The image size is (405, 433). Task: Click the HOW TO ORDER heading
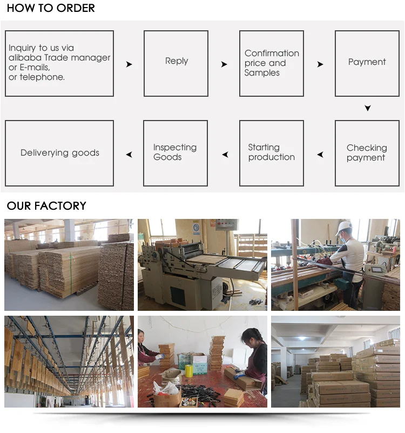(x=51, y=8)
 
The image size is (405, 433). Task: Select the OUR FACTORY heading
(x=46, y=206)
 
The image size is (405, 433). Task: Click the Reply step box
(x=176, y=63)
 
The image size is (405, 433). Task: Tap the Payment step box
(x=367, y=63)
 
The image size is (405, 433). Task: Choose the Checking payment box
(x=367, y=153)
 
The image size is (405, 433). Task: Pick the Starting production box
(x=272, y=153)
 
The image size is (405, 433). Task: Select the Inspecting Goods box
(x=175, y=153)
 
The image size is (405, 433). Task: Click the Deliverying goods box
(x=59, y=153)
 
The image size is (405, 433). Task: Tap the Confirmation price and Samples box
(x=272, y=63)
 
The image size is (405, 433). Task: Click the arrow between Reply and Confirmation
(x=224, y=64)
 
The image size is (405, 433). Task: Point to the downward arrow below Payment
(x=368, y=108)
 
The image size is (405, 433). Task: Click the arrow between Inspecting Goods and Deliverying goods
(x=129, y=155)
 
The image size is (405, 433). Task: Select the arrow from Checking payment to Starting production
(x=320, y=155)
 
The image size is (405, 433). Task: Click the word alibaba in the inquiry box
(x=25, y=58)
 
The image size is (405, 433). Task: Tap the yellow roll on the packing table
(x=190, y=371)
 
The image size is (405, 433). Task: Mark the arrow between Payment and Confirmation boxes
(x=320, y=64)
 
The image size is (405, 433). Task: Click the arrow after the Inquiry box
(x=129, y=64)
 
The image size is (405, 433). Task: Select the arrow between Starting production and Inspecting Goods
(x=224, y=155)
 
